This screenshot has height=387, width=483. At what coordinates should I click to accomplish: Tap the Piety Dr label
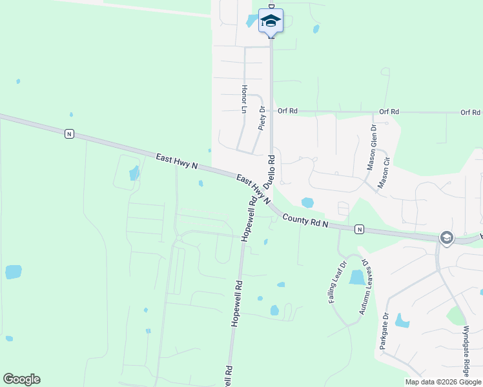coord(262,119)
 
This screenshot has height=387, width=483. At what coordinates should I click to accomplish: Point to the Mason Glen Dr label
coord(372,147)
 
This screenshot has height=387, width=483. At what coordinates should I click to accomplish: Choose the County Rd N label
coord(305,221)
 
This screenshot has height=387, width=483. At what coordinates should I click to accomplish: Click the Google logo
coord(21,379)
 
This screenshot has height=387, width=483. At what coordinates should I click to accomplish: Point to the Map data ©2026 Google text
coord(443,382)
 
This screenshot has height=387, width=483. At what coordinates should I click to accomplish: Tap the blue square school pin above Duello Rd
coord(271,21)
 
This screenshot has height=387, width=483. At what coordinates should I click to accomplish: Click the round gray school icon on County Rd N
coord(446,238)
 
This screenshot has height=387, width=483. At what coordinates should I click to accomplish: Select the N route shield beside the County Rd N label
coord(359,229)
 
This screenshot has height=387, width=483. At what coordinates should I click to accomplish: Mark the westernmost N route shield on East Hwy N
coord(69,134)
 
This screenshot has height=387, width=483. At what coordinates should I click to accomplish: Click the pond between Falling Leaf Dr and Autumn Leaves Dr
coord(356,277)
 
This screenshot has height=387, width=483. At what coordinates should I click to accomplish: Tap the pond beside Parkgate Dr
coord(403,321)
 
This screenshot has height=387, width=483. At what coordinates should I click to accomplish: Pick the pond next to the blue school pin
coord(251,21)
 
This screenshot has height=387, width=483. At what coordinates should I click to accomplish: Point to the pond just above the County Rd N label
coord(307,203)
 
